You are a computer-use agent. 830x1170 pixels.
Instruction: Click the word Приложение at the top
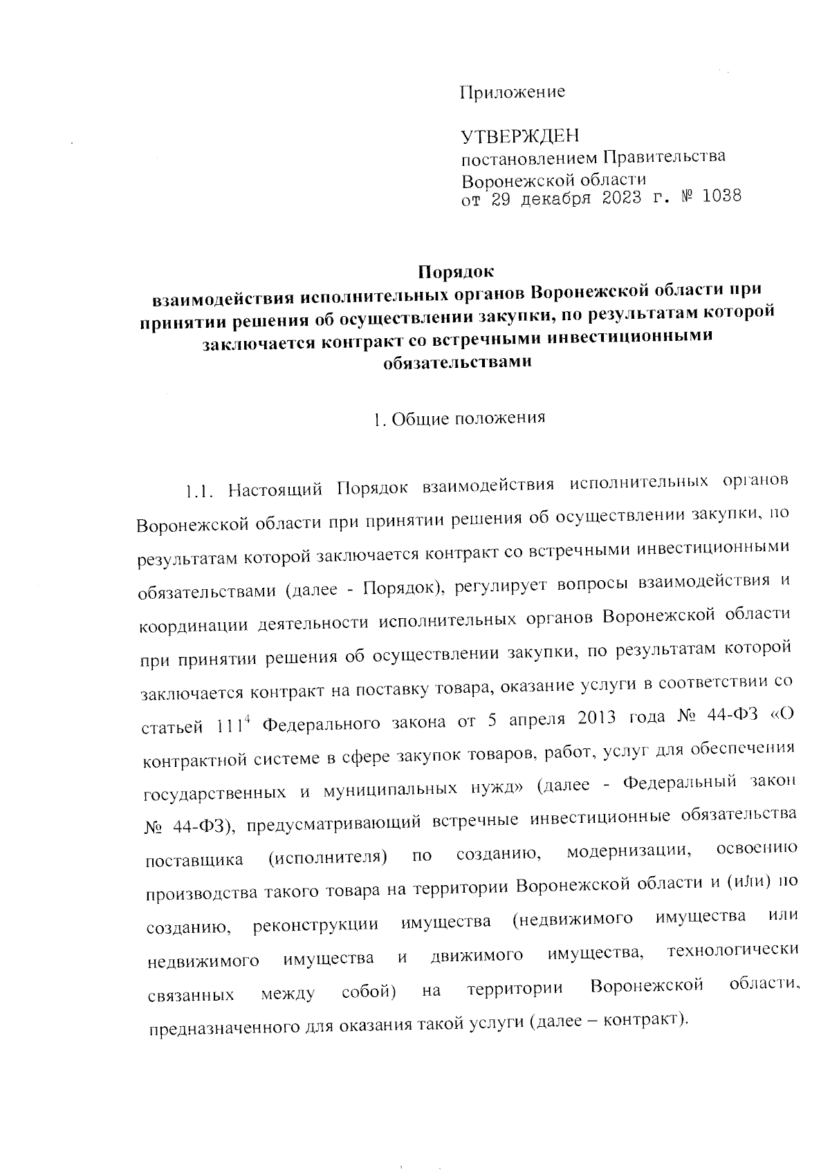(513, 92)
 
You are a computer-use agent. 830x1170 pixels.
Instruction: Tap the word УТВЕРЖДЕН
(520, 136)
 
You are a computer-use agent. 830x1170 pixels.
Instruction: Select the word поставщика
(194, 860)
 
